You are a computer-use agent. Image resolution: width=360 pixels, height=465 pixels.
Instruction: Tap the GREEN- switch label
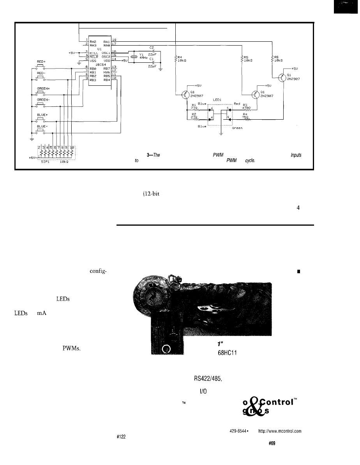coord(44,100)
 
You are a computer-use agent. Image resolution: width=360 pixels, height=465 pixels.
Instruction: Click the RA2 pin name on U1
coord(93,40)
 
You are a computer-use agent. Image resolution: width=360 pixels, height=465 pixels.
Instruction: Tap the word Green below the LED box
coord(238,127)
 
